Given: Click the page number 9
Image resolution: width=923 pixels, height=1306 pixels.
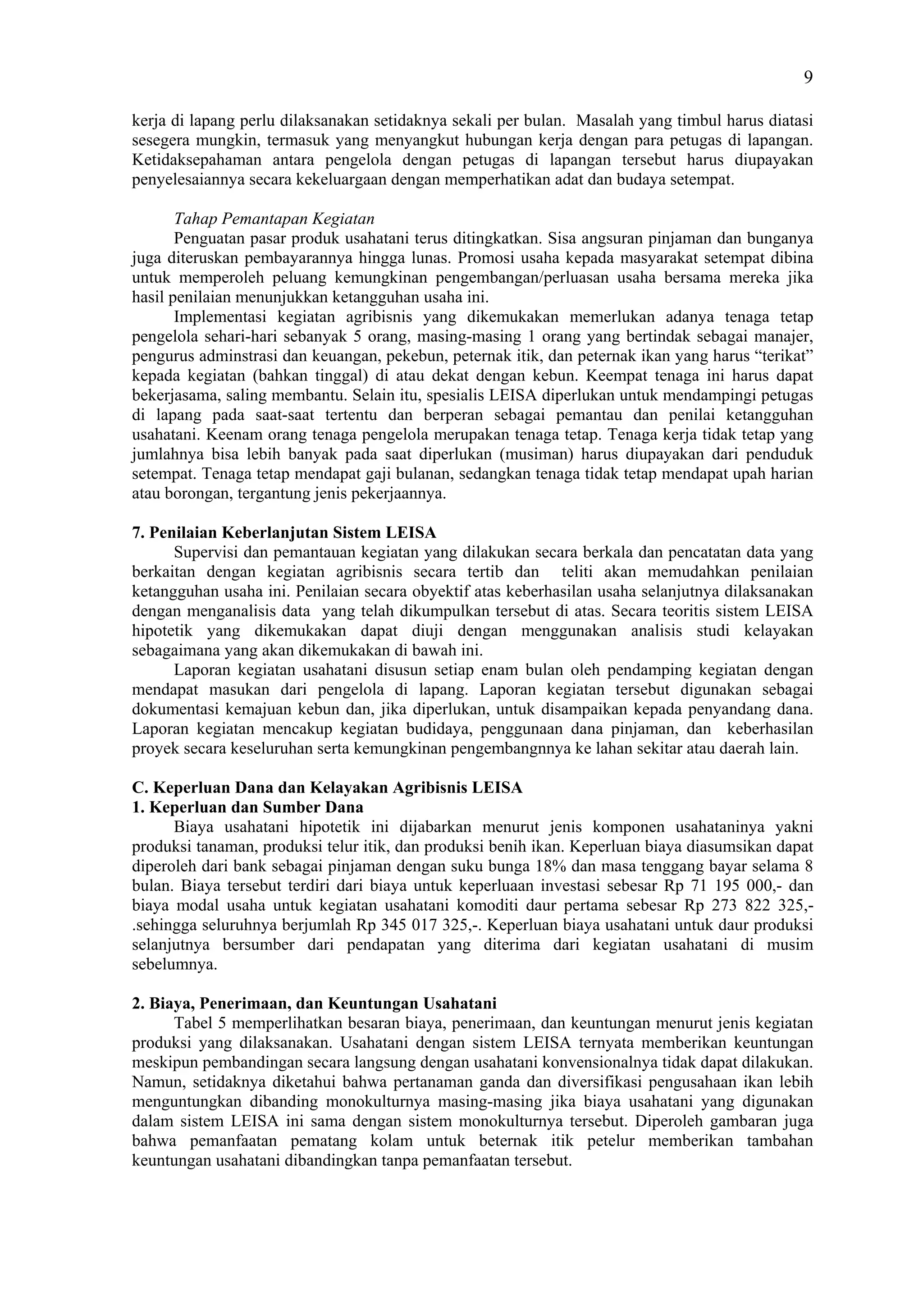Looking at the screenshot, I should (808, 78).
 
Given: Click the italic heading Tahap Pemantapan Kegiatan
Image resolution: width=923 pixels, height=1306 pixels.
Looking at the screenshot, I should (274, 219).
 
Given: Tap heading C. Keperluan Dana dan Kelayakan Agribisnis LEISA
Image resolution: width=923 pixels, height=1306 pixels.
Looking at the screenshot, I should (327, 788).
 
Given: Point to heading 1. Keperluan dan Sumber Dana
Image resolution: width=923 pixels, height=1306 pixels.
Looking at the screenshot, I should (247, 807).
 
